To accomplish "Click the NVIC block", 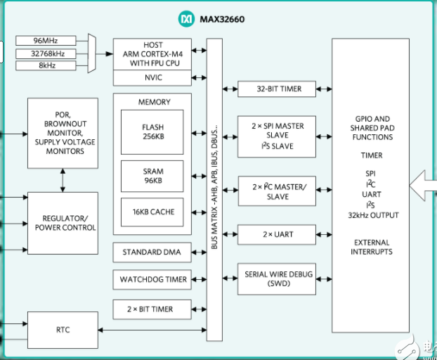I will tap(152, 78).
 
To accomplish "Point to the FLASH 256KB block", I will tap(152, 131).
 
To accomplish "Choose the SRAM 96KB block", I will tap(152, 174).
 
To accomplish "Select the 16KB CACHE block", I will tap(152, 212).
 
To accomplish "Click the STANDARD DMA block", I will tap(152, 252).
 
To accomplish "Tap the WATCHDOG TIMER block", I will tap(152, 279).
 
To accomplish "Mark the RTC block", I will tap(63, 330).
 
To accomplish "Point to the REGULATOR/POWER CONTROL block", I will tap(63, 222).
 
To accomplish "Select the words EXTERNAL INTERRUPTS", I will tap(372, 247).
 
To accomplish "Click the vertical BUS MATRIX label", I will tap(214, 190).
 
